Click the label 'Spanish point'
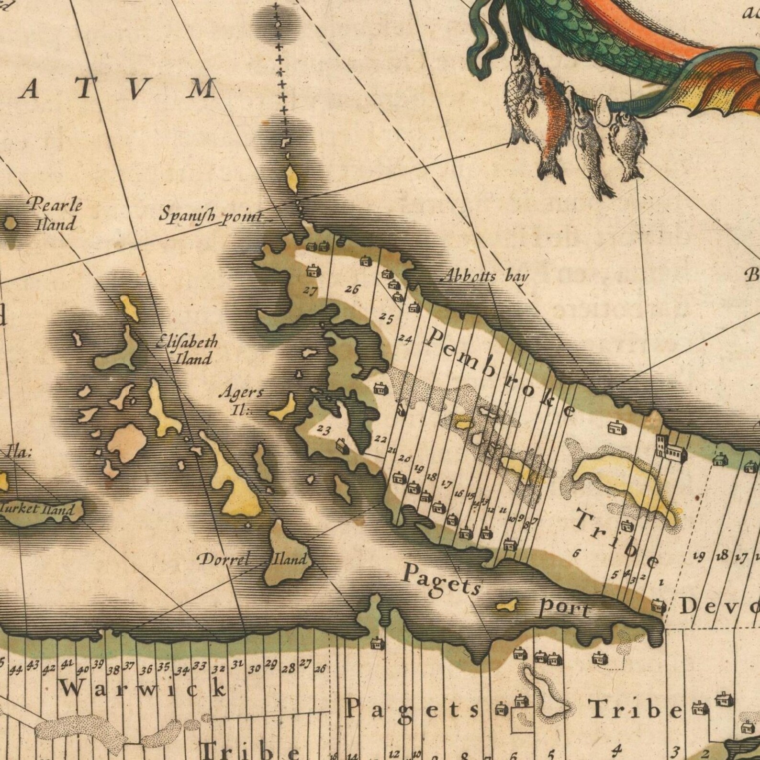click(x=211, y=214)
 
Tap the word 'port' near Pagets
click(x=565, y=609)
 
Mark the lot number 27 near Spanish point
click(x=311, y=290)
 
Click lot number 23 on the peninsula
click(x=324, y=430)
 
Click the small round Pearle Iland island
click(x=11, y=223)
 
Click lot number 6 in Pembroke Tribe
click(x=577, y=553)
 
